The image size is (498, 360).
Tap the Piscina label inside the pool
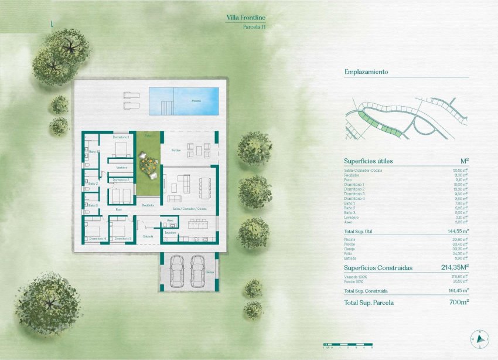click(x=196, y=101)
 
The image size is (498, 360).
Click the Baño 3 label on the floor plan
click(x=93, y=205)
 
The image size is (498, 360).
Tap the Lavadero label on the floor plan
click(x=170, y=233)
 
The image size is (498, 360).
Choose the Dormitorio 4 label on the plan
click(x=98, y=239)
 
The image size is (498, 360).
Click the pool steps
click(x=166, y=107)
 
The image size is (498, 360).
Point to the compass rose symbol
click(x=480, y=338)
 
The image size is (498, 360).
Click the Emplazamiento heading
click(x=367, y=72)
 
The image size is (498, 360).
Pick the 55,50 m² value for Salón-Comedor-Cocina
click(x=460, y=170)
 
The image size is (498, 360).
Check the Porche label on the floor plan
click(x=176, y=151)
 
